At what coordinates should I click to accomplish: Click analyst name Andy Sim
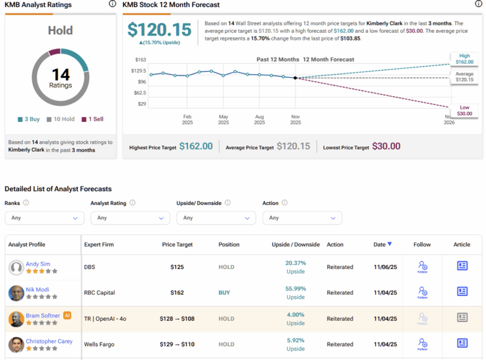[37, 264]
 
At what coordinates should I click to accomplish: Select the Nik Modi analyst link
[38, 290]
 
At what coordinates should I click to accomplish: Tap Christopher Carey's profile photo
[16, 345]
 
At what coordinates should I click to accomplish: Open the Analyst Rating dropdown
[130, 218]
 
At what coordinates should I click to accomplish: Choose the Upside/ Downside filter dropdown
[216, 218]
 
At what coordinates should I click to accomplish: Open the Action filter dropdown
[302, 218]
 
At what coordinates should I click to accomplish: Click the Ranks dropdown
[44, 218]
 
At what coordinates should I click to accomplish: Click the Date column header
[382, 244]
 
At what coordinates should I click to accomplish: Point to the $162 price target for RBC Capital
[177, 293]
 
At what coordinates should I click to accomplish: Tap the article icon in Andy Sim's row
[462, 266]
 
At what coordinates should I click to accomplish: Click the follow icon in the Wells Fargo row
[422, 344]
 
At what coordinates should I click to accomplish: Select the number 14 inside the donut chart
[60, 75]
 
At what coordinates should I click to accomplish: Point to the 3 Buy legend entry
[29, 119]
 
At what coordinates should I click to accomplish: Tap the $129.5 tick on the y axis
[139, 71]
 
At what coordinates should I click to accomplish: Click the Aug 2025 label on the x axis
[259, 120]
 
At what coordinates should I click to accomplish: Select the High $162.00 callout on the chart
[464, 59]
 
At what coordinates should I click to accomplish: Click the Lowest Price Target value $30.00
[386, 146]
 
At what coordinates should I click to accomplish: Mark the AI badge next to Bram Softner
[67, 315]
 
